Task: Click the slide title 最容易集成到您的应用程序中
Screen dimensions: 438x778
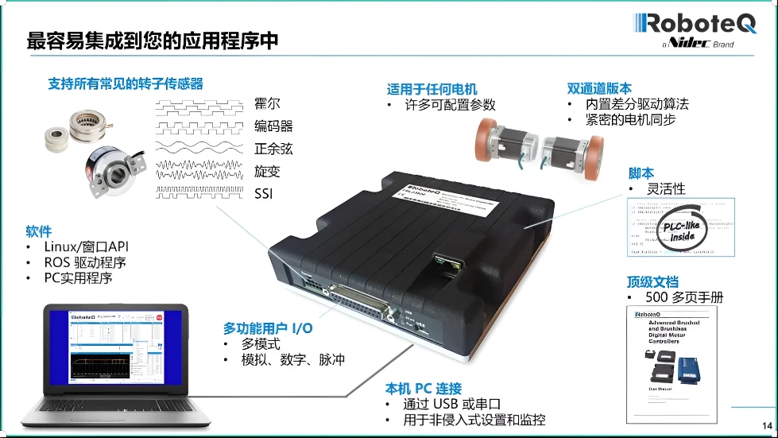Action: click(153, 41)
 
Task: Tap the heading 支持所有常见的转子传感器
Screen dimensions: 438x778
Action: click(126, 83)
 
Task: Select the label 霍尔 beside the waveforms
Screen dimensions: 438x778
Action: click(268, 104)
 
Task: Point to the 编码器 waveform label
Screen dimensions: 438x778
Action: click(274, 126)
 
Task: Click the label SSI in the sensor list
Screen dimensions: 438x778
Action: click(264, 193)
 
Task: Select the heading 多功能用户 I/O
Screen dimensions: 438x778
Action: click(267, 328)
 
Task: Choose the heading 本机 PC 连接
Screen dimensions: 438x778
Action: click(424, 388)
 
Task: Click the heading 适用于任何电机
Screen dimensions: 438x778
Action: click(432, 88)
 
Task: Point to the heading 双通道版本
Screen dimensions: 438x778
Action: click(600, 88)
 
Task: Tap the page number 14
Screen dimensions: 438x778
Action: click(766, 424)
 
